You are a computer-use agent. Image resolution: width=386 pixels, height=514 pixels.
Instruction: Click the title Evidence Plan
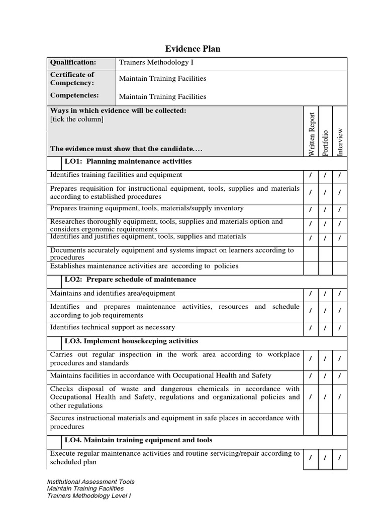click(193, 49)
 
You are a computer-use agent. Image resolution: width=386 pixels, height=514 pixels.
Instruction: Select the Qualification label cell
click(72, 63)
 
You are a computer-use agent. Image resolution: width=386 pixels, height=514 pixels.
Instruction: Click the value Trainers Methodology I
click(156, 63)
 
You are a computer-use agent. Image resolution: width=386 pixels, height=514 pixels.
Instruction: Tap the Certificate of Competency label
click(72, 79)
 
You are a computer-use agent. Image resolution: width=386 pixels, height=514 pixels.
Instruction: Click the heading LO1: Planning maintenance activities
click(128, 162)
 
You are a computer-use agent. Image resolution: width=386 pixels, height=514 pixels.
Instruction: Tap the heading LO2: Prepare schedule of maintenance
click(130, 280)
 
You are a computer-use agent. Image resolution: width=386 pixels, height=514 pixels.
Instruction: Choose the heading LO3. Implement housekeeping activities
click(131, 341)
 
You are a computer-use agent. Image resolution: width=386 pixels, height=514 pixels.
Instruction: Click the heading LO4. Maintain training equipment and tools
click(138, 440)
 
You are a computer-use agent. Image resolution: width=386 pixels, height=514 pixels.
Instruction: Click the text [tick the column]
click(77, 119)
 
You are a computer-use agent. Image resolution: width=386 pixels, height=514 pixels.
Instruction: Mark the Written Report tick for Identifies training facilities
click(311, 176)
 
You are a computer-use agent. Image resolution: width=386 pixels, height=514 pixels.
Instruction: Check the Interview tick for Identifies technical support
click(340, 329)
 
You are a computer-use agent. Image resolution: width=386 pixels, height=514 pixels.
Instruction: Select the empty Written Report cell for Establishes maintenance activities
click(311, 267)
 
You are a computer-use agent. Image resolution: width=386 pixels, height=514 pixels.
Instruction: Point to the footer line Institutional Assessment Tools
click(90, 482)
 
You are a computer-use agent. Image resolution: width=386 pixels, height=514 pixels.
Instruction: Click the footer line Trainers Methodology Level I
click(89, 495)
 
